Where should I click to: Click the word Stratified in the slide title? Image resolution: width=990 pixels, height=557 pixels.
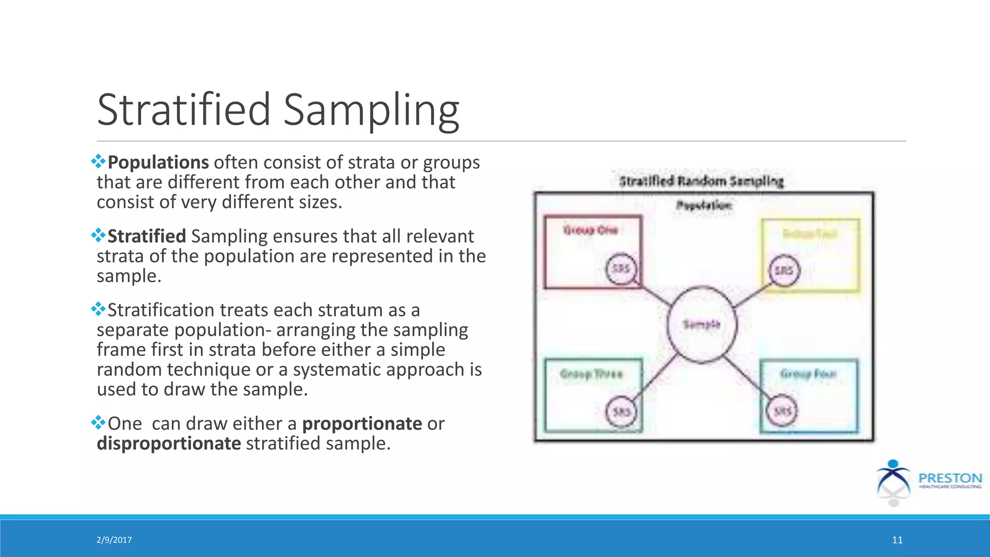pyautogui.click(x=184, y=110)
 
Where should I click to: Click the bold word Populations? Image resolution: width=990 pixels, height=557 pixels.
pyautogui.click(x=158, y=162)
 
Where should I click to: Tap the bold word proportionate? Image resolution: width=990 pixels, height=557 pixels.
pyautogui.click(x=362, y=424)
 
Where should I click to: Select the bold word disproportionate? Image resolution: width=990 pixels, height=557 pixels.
pyautogui.click(x=169, y=443)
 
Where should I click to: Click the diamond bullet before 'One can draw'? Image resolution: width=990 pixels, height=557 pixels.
pyautogui.click(x=98, y=423)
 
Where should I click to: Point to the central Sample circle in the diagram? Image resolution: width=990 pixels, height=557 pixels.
pyautogui.click(x=702, y=324)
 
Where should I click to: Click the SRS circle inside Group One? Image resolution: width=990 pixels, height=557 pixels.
pyautogui.click(x=621, y=268)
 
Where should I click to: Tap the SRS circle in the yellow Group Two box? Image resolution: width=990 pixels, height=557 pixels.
pyautogui.click(x=784, y=270)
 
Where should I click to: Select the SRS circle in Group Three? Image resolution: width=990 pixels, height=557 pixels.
pyautogui.click(x=621, y=411)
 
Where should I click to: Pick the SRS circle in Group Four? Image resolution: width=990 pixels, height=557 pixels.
pyautogui.click(x=782, y=411)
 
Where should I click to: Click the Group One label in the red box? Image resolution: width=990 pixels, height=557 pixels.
pyautogui.click(x=590, y=230)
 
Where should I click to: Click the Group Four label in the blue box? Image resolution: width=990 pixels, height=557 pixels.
pyautogui.click(x=808, y=374)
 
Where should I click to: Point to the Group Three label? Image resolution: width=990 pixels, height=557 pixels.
pyautogui.click(x=591, y=374)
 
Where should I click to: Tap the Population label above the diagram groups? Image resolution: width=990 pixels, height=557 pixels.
pyautogui.click(x=704, y=205)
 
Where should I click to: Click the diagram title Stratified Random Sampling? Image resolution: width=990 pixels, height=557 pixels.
pyautogui.click(x=701, y=181)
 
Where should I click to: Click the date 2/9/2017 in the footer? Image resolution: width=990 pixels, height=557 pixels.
pyautogui.click(x=114, y=540)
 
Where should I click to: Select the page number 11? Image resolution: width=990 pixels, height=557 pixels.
pyautogui.click(x=897, y=540)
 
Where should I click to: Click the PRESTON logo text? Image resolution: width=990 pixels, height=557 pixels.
pyautogui.click(x=950, y=478)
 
